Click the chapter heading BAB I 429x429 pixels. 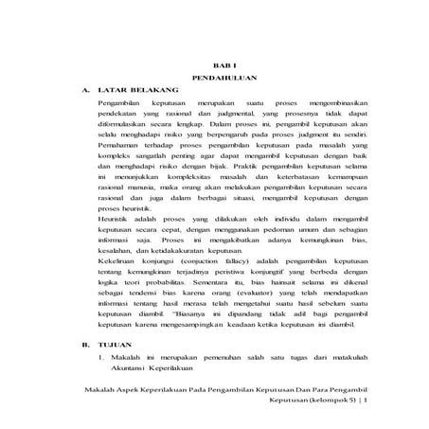220,62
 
